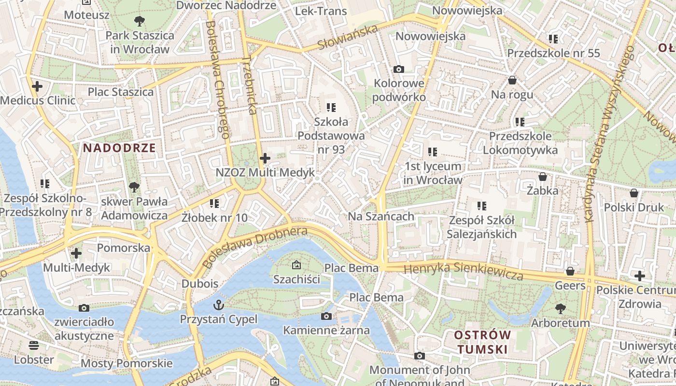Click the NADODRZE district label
click(x=119, y=148)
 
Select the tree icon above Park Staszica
click(x=140, y=21)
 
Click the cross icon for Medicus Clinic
click(x=37, y=87)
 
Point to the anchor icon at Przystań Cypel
click(x=219, y=305)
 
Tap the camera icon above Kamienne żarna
click(x=326, y=317)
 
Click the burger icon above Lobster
click(x=34, y=345)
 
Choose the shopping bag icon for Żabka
click(x=542, y=177)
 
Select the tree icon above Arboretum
click(x=560, y=308)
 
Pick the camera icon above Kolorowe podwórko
click(x=398, y=69)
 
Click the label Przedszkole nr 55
click(x=553, y=53)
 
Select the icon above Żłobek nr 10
click(x=214, y=204)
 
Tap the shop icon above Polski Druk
click(x=634, y=193)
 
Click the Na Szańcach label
click(x=381, y=217)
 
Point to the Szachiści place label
click(x=296, y=279)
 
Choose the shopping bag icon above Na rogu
click(x=512, y=80)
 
